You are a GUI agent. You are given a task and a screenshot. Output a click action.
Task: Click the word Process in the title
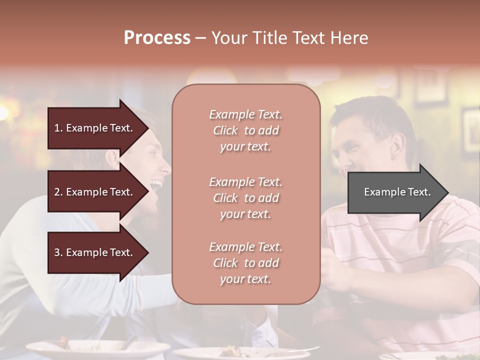point(157,38)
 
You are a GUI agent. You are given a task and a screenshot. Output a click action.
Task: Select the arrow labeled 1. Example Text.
point(95,128)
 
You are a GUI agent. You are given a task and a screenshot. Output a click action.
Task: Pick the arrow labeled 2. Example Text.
point(95,192)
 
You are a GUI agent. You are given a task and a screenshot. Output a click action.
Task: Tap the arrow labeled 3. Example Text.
point(95,252)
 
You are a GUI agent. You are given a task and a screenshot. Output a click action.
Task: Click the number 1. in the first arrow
point(58,128)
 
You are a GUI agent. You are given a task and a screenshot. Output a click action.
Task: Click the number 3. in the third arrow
point(58,252)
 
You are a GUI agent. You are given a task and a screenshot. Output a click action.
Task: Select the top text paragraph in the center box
point(245,130)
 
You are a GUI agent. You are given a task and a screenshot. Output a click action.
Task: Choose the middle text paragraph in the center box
point(245,198)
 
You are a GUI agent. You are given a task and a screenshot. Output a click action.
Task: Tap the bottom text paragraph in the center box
point(245,263)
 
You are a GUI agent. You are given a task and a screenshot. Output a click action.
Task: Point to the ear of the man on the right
point(398,144)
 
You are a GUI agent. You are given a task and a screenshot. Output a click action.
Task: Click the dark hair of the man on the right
point(375,112)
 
